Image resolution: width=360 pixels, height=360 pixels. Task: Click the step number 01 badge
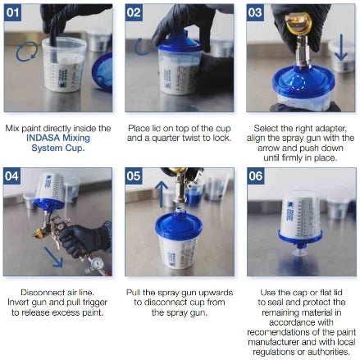pyautogui.click(x=12, y=12)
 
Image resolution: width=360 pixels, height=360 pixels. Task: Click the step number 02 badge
pyautogui.click(x=134, y=12)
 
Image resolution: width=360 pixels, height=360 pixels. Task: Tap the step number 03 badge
pyautogui.click(x=255, y=12)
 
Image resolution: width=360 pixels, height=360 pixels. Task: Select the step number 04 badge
pyautogui.click(x=11, y=176)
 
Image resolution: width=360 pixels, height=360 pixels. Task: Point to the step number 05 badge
pyautogui.click(x=134, y=176)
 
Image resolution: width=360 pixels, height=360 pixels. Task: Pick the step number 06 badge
pyautogui.click(x=256, y=176)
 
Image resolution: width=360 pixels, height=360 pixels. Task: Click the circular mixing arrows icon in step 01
pyautogui.click(x=27, y=52)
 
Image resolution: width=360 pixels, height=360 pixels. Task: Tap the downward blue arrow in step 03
pyautogui.click(x=341, y=47)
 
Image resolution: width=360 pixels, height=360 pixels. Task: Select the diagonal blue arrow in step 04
pyautogui.click(x=53, y=257)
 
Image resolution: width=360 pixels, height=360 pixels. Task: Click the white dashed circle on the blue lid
pyautogui.click(x=297, y=82)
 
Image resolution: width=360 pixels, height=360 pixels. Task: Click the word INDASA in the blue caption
pyautogui.click(x=43, y=138)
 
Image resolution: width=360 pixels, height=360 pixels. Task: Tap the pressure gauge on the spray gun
pyautogui.click(x=97, y=264)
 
